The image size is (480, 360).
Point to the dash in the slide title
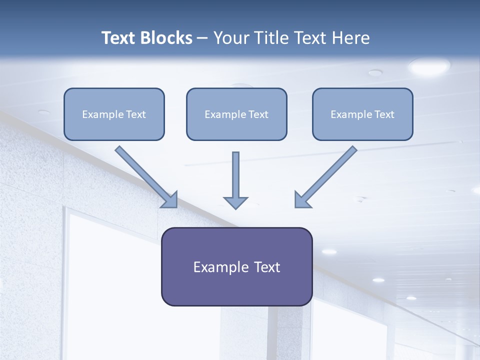[x=202, y=38]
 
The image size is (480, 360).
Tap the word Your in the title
[x=231, y=38]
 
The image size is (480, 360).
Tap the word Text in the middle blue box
[x=258, y=114]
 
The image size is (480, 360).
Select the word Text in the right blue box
[x=384, y=114]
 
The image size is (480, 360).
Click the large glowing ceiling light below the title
[x=428, y=66]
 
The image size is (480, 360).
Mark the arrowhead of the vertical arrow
[x=235, y=202]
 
